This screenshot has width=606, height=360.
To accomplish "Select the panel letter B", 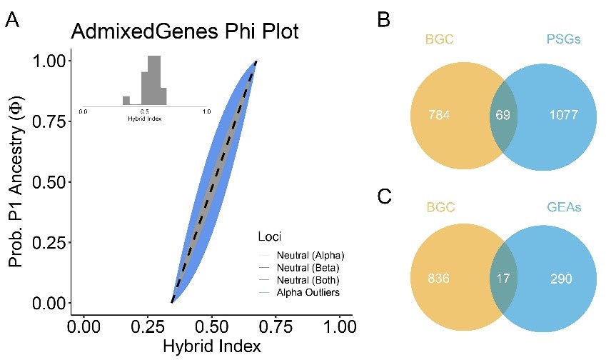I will pyautogui.click(x=383, y=21).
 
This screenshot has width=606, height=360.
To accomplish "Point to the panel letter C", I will pyautogui.click(x=384, y=196).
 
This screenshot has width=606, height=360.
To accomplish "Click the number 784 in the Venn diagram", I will pyautogui.click(x=440, y=115).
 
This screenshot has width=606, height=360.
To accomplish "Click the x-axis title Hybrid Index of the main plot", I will pyautogui.click(x=212, y=346).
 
